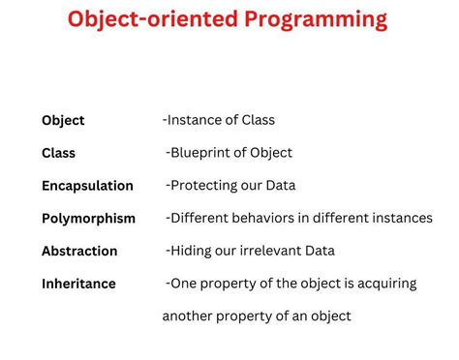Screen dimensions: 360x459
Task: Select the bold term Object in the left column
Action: pos(63,121)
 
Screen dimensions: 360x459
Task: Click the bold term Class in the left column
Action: pos(58,153)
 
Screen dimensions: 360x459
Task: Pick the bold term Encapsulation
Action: pos(87,186)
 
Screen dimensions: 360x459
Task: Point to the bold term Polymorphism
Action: pos(88,219)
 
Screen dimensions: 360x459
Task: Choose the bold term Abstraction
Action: pos(79,251)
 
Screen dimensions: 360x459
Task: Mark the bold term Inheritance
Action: pos(78,284)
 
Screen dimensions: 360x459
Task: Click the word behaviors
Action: pos(268,218)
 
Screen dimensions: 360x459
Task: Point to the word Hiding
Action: pos(191,251)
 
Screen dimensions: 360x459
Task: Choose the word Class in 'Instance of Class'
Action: pos(257,120)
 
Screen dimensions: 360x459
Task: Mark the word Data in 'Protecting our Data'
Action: pos(279,185)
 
